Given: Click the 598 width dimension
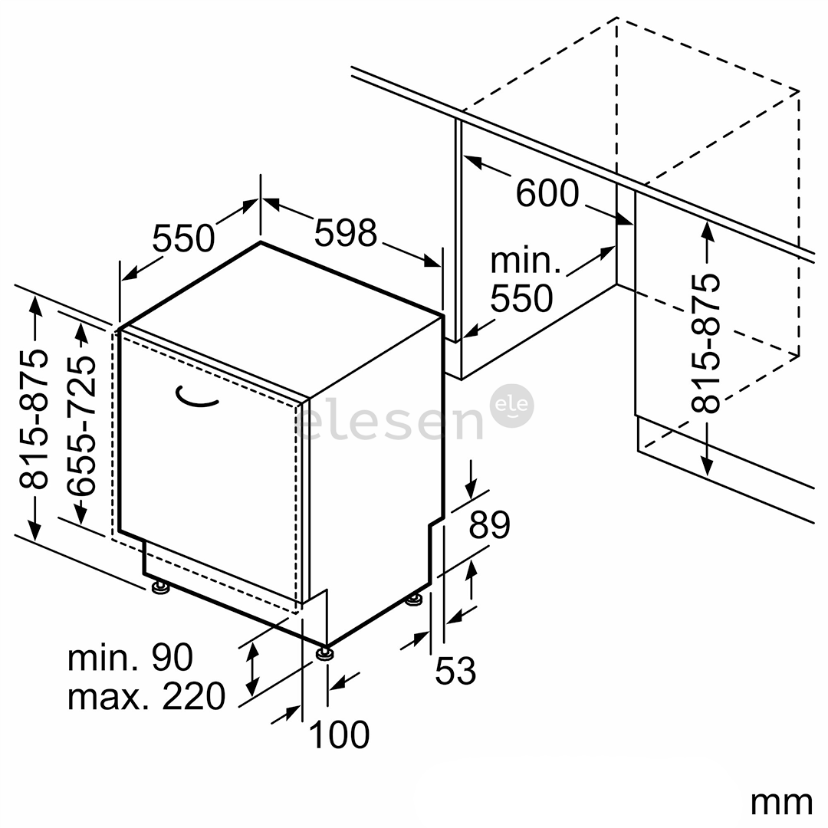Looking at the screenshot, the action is (x=346, y=232).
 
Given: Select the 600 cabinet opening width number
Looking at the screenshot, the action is (x=547, y=192).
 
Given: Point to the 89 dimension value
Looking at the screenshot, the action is (x=489, y=524).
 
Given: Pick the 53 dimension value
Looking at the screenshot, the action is (x=455, y=670).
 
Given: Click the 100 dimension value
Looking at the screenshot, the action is (x=339, y=734).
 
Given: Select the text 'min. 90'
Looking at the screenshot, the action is (x=130, y=658).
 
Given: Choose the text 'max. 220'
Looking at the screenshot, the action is (x=146, y=696).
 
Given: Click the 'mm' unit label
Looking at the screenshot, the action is (x=781, y=803).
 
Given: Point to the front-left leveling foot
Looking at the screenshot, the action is (x=160, y=587).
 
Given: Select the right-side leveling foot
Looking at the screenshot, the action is (x=414, y=600).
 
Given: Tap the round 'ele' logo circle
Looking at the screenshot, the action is (x=511, y=406).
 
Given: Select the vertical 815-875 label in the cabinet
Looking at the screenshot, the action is (x=706, y=343).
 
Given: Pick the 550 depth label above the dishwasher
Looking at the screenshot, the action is (x=183, y=238).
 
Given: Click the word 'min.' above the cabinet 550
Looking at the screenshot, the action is (x=525, y=261).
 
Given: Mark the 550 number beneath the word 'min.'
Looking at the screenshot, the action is (x=522, y=298).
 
